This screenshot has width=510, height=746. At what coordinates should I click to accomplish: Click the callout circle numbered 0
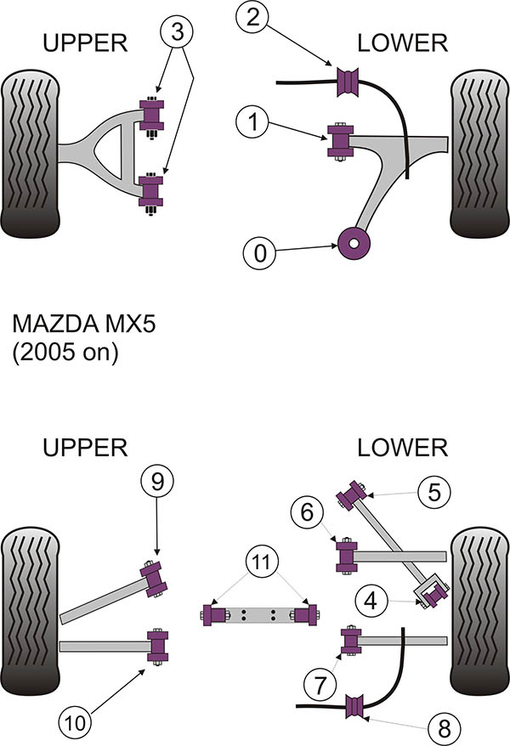click(260, 252)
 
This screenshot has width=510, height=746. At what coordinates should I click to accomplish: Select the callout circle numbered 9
click(156, 483)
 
